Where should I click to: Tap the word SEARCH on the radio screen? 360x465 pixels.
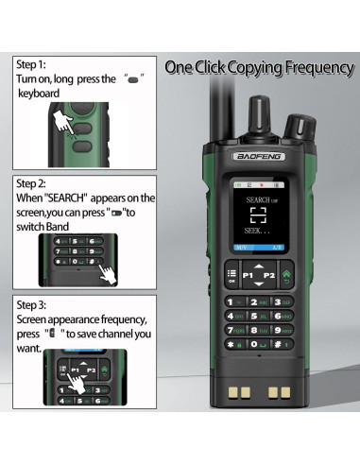[x=248, y=201]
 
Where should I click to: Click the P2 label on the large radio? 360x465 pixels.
[x=269, y=275]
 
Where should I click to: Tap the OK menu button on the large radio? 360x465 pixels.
[x=231, y=276]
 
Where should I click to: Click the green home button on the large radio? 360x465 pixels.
[x=287, y=276]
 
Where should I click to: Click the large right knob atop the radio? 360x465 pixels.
[x=300, y=125]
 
